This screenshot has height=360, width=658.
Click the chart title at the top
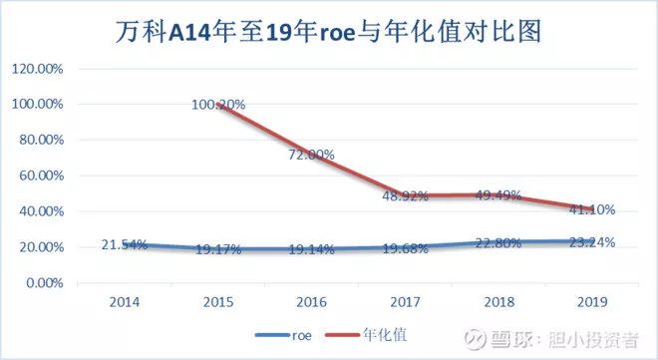pyautogui.click(x=328, y=32)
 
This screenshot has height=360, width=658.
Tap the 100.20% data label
pyautogui.click(x=218, y=105)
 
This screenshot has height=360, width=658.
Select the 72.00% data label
pyautogui.click(x=312, y=156)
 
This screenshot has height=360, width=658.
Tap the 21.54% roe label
pyautogui.click(x=125, y=244)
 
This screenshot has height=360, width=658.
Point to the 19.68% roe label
pyautogui.click(x=406, y=247)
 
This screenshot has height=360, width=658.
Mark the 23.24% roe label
pyautogui.click(x=591, y=241)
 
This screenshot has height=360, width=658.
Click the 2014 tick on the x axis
pyautogui.click(x=125, y=301)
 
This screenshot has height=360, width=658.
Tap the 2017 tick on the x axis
pyautogui.click(x=406, y=301)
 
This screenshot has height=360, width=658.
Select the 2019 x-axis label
pyautogui.click(x=593, y=301)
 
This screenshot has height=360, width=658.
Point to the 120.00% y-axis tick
pyautogui.click(x=38, y=69)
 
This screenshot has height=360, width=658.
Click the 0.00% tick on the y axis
pyautogui.click(x=44, y=283)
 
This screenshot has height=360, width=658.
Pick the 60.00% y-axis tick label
pyautogui.click(x=41, y=176)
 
